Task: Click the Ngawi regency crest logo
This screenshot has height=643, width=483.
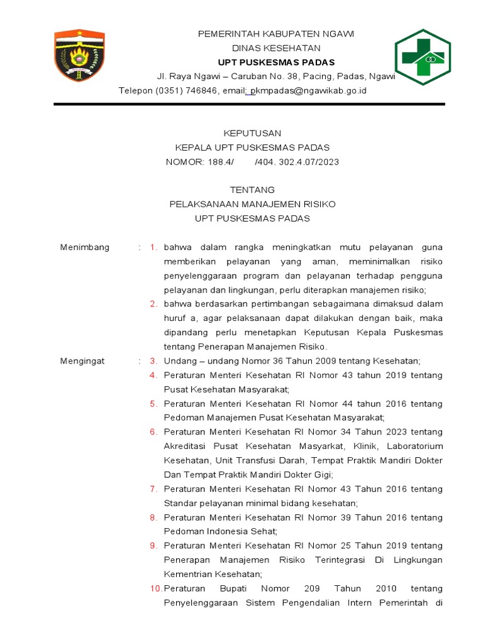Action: pos(79,56)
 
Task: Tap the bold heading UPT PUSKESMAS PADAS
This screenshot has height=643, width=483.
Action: pos(276,62)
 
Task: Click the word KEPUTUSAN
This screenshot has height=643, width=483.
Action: pos(253,133)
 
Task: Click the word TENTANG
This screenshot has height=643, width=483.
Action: pos(252,190)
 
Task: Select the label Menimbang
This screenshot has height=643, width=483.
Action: pos(84,247)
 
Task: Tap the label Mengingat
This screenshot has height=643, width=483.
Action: pos(82,361)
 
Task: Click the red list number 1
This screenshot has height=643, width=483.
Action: pos(153,247)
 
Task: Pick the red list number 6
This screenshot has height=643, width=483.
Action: pos(153,432)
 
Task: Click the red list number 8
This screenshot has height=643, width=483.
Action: pos(153,517)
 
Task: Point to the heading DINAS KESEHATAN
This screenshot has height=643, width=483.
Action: pos(276,48)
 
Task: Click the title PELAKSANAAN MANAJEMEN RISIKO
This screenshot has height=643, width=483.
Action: pos(253,204)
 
